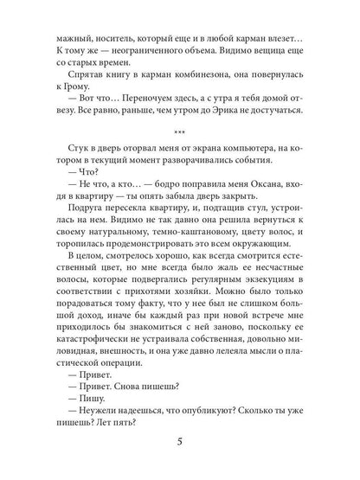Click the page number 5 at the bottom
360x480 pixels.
click(x=180, y=446)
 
